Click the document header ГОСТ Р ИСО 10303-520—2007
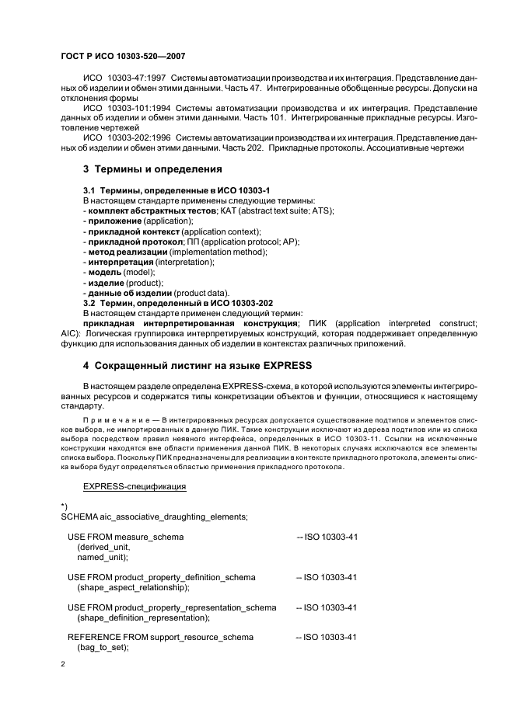tap(121, 57)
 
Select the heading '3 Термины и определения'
tap(152, 169)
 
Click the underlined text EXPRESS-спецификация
tap(134, 486)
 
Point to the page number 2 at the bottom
tap(63, 665)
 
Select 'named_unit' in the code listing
tap(103, 557)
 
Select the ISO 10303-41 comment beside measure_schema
tap(327, 537)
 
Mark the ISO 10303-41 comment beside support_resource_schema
tap(327, 637)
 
